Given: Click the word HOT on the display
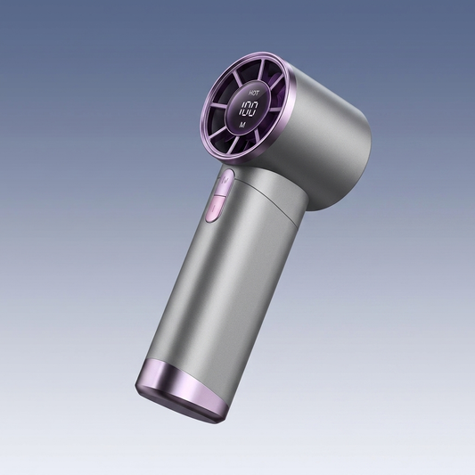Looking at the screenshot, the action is pyautogui.click(x=253, y=93).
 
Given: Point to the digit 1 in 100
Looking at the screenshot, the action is pyautogui.click(x=242, y=109).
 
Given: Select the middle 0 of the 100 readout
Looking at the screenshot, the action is pyautogui.click(x=248, y=109).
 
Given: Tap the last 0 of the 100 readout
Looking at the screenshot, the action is pyautogui.click(x=255, y=109).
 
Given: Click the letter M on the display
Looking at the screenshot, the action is pyautogui.click(x=242, y=125).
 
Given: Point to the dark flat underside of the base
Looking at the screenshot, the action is pyautogui.click(x=181, y=405).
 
